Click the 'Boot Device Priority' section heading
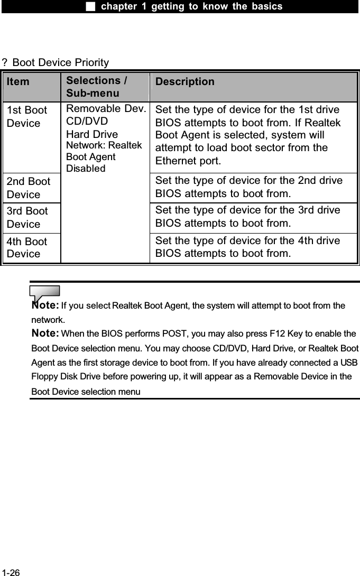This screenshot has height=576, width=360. pos(60,63)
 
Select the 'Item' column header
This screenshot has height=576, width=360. pos(19,82)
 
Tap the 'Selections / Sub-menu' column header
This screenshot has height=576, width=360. pos(97,87)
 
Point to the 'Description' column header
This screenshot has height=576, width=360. pos(186,82)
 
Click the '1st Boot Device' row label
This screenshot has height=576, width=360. pos(27,117)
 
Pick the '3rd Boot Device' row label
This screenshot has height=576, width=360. pos(27,217)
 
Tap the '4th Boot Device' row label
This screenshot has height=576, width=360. pos(27,247)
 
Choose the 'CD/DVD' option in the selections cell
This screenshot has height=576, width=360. pos(87,122)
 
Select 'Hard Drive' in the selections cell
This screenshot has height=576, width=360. pos(92,135)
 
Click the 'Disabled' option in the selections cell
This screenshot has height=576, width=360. pos(85,169)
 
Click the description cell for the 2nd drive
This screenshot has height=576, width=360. pos(248,188)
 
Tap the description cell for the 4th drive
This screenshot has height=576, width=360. pos(248,247)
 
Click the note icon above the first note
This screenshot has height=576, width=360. pos(45,292)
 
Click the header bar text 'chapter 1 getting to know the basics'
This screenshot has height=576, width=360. pos(191,6)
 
